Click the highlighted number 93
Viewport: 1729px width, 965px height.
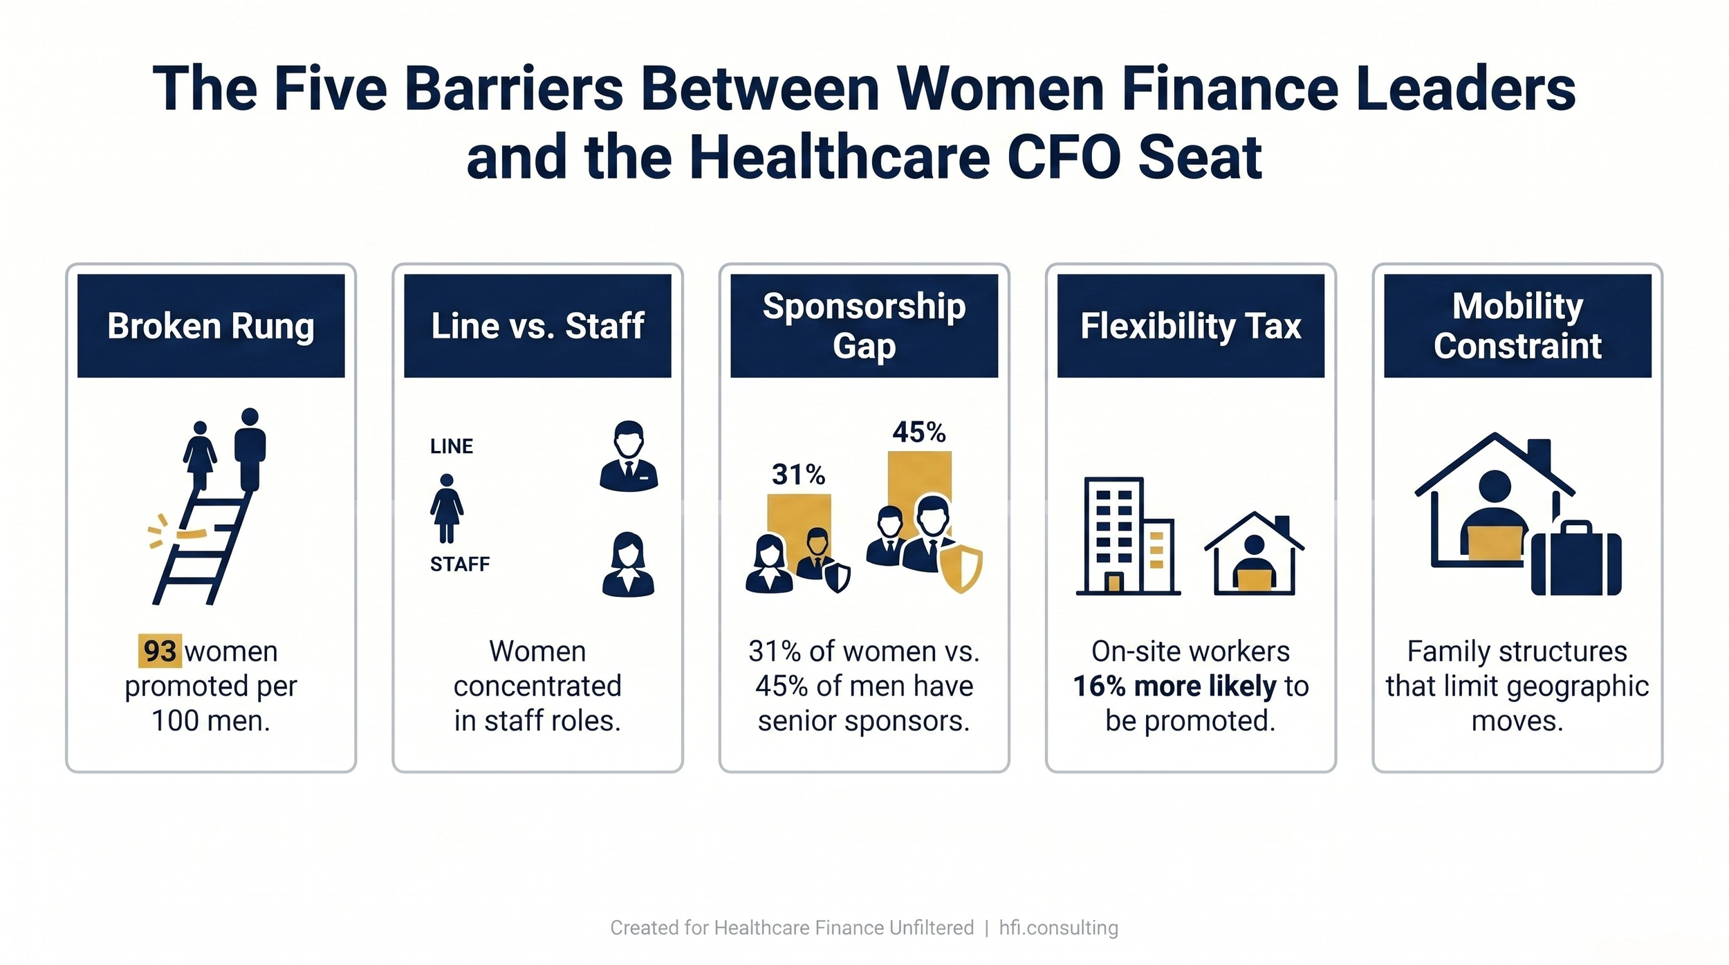[x=160, y=651]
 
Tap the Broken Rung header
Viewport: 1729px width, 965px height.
[x=211, y=326]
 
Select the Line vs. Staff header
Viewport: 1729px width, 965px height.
[x=537, y=326]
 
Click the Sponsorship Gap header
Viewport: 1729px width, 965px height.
[x=864, y=326]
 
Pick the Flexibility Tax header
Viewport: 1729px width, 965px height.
[x=1190, y=326]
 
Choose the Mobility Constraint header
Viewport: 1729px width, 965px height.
[x=1517, y=326]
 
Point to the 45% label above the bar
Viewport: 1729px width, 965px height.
[x=918, y=432]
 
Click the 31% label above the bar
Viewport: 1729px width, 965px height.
[x=798, y=475]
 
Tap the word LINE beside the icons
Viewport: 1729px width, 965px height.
[x=452, y=446]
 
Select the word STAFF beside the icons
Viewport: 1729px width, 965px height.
[x=460, y=564]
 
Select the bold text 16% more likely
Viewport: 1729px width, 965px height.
[x=1174, y=686]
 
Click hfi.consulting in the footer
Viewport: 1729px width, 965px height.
[x=1058, y=928]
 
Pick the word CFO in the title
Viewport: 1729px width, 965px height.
[x=1063, y=158]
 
